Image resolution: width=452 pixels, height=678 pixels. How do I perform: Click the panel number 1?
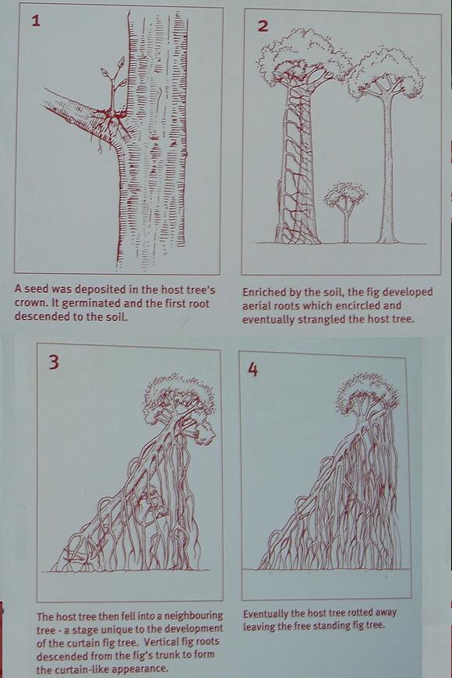(36, 21)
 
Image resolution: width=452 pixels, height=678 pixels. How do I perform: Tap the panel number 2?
(263, 26)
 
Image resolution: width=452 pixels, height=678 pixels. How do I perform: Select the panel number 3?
(54, 362)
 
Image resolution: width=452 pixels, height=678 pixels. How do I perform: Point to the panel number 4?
(252, 370)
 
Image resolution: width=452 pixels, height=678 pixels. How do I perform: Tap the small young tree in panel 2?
(345, 211)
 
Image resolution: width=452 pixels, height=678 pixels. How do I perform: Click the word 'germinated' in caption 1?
(93, 303)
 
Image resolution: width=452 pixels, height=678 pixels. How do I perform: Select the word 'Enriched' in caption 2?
(263, 293)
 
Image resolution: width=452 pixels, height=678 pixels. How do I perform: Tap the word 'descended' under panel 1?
(37, 316)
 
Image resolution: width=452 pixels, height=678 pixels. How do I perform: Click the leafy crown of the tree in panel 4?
(368, 393)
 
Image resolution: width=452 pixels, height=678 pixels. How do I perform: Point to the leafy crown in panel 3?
(179, 402)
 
